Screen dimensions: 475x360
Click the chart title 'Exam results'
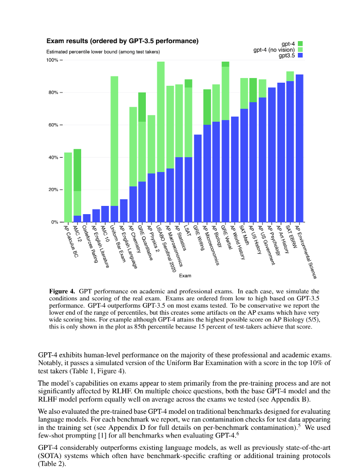(123, 41)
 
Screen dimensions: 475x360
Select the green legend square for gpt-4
(300, 44)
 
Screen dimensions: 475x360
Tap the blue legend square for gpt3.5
(300, 55)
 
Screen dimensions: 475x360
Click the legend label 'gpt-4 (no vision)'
(274, 50)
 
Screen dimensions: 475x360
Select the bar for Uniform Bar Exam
(115, 149)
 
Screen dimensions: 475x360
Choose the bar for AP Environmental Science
(299, 148)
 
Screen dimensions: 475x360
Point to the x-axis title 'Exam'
(184, 276)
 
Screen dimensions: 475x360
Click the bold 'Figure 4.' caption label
(62, 291)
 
